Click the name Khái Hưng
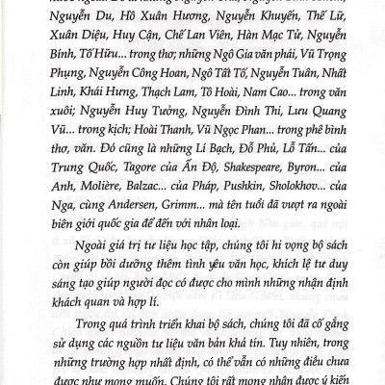108,107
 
